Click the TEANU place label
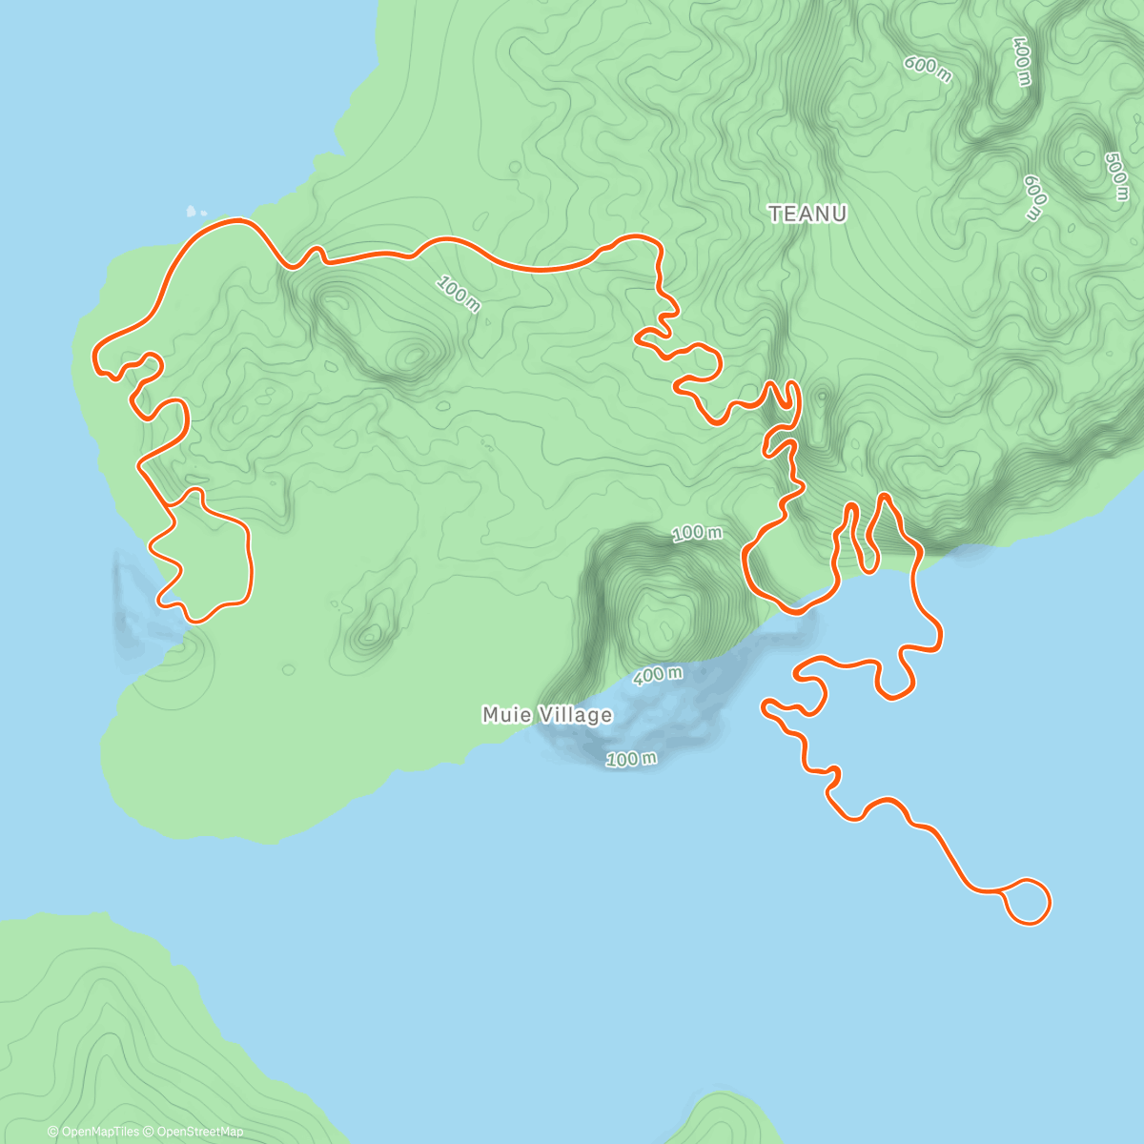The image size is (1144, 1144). tap(807, 214)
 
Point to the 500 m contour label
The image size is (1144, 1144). tap(1115, 176)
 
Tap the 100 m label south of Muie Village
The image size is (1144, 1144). tap(631, 760)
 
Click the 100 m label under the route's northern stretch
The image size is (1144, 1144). tap(459, 295)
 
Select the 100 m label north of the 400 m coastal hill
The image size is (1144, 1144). tap(697, 533)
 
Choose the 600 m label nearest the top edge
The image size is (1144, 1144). tap(928, 69)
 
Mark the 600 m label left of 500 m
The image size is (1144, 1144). tap(1035, 197)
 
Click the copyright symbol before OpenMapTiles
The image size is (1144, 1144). tap(53, 1132)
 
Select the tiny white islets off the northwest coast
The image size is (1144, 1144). tap(196, 211)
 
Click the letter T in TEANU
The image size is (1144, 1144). tap(775, 214)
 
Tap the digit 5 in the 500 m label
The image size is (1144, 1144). tap(1110, 158)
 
